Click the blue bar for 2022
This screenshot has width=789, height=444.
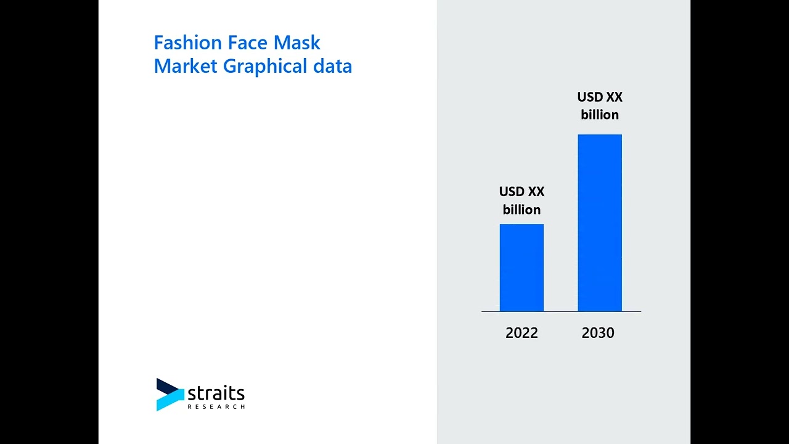pos(521,268)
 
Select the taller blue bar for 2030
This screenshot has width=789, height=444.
pos(599,223)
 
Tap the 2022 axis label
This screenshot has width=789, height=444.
pos(521,333)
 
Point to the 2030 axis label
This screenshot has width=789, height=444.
pos(598,333)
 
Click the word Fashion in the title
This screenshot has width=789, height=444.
pos(187,43)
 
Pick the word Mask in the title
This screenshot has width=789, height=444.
pos(297,43)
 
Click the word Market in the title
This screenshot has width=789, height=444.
pos(186,66)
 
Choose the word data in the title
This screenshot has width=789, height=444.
pos(332,66)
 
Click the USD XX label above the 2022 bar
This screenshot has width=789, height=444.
pos(521,192)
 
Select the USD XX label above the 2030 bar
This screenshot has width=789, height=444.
pos(600,97)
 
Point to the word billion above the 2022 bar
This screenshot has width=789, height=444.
pos(521,210)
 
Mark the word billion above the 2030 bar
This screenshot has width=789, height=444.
pos(600,115)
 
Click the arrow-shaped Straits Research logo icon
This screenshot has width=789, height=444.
pos(170,395)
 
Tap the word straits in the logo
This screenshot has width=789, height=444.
pos(216,393)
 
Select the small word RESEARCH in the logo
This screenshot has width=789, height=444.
pos(216,407)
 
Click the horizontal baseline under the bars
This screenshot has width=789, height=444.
pos(561,311)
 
